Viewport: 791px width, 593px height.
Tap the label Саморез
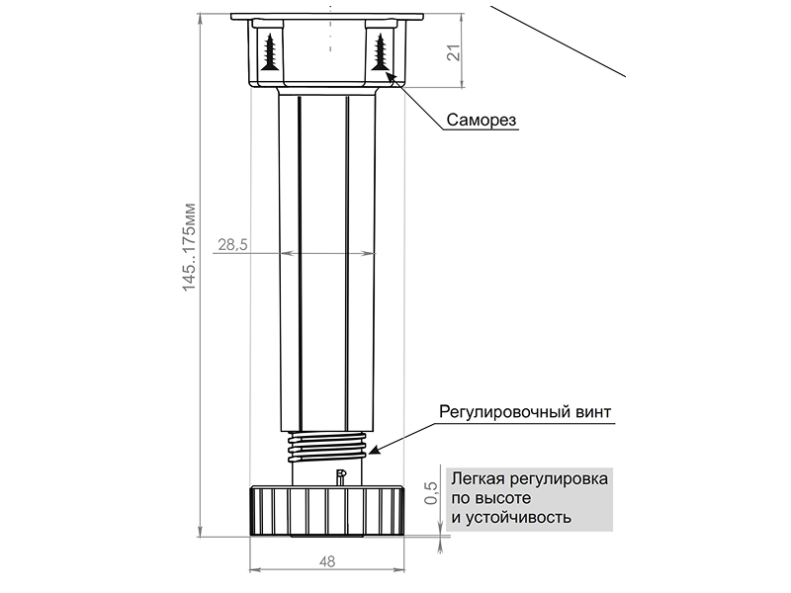482,120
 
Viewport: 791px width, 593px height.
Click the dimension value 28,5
232,244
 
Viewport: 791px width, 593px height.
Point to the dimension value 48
327,561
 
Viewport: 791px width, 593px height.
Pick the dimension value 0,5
430,492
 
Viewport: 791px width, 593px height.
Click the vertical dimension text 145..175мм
192,248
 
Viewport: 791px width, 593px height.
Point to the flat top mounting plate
327,17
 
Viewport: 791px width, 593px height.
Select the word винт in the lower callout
592,410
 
